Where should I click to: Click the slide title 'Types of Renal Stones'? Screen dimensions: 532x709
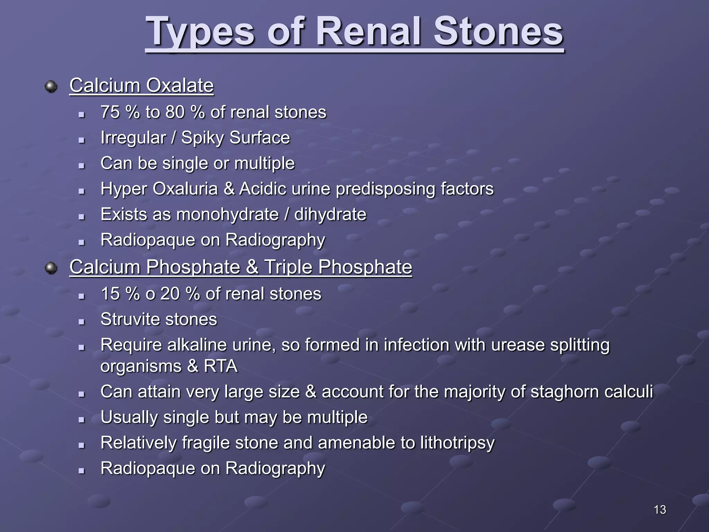pos(354,32)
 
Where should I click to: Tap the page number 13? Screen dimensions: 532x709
pos(660,509)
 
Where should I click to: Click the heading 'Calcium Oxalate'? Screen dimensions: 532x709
pos(141,85)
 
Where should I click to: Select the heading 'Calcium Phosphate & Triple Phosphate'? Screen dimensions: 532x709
pos(241,267)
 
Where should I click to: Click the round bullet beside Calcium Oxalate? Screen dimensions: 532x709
pos(51,86)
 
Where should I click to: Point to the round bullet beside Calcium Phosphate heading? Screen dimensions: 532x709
pos(51,268)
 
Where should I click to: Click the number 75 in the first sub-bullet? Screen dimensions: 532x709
pos(110,112)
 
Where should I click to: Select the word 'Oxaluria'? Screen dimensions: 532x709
pos(185,189)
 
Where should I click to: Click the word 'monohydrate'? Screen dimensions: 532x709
pos(227,214)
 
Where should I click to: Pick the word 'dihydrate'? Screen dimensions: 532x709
pos(330,214)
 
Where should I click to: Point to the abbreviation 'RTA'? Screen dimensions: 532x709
pos(221,366)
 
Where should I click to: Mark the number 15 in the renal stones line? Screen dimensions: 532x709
pos(110,294)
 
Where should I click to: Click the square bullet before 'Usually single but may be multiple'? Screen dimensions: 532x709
pos(82,420)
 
